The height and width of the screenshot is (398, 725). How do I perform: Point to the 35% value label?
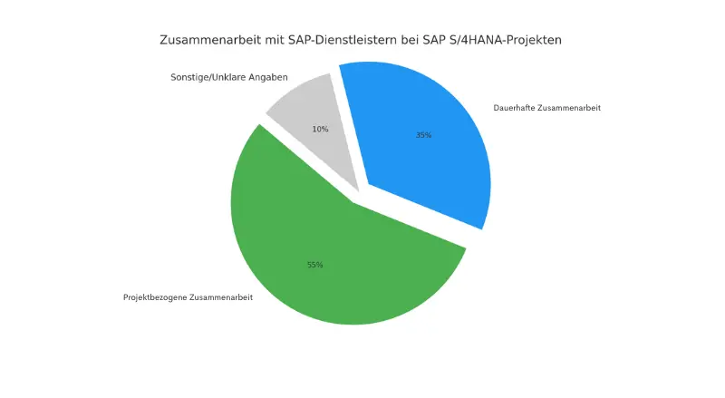click(x=423, y=135)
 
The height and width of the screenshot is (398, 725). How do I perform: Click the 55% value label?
click(x=314, y=265)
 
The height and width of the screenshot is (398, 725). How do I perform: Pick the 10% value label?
click(x=320, y=130)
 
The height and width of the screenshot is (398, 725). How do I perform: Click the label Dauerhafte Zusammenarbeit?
click(x=546, y=108)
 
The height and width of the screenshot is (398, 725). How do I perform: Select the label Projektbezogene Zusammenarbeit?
click(x=188, y=297)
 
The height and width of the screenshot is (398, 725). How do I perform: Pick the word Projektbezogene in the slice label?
click(x=155, y=297)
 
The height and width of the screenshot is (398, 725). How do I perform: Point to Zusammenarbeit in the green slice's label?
click(x=221, y=297)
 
